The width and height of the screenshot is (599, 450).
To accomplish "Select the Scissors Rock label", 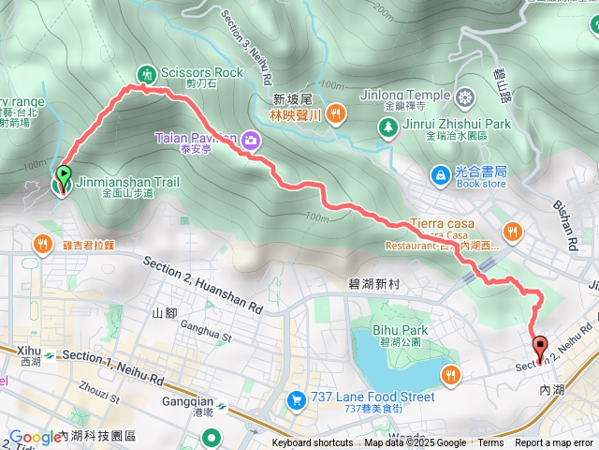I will coord(201,72).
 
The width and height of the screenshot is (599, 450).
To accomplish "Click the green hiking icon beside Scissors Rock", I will coord(146,73).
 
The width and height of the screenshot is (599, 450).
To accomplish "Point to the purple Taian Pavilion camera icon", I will coord(250,142).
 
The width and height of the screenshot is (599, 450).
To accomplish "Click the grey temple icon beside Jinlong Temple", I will coord(466,96).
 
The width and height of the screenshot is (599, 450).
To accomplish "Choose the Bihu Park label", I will coord(404,330).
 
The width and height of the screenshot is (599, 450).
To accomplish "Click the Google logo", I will coord(35,437).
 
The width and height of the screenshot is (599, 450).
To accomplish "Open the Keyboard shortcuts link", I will coord(313,443).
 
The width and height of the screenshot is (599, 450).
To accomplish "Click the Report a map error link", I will coord(555,443).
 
